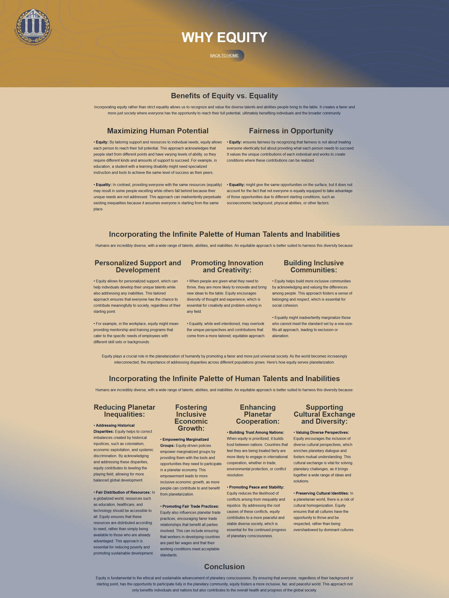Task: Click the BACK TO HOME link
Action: coord(224,56)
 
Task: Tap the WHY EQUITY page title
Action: coord(224,37)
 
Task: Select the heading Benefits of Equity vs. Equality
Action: coord(224,96)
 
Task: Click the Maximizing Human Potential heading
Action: coord(158,131)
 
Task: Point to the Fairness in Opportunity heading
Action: coord(291,131)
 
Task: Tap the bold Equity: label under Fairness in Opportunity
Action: coord(235,142)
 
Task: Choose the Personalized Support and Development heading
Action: coord(138,266)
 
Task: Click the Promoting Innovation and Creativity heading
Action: coord(227,266)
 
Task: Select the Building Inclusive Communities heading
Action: coord(314,266)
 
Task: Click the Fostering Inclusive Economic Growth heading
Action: coord(191,418)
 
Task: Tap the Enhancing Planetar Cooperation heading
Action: coord(258,414)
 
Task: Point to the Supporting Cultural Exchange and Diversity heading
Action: coord(324,414)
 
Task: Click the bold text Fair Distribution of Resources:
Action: coord(123,492)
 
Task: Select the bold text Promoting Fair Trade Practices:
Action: coord(190,506)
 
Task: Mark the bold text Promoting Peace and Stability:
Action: coord(256,487)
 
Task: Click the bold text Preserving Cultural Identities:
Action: coord(322,493)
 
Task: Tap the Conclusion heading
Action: coord(224,567)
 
